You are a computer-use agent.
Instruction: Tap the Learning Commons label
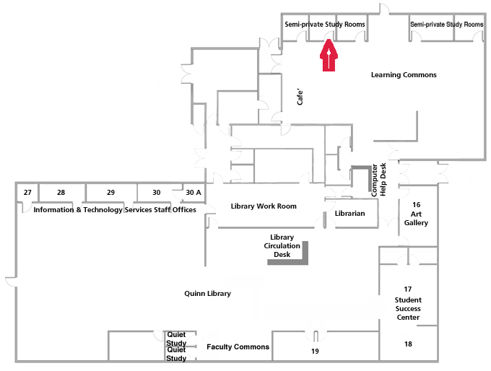coord(404,75)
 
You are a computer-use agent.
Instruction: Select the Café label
coord(302,97)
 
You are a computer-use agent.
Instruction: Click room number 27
coord(27,193)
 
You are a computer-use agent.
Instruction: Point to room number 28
coord(61,193)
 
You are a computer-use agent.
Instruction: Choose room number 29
coord(110,193)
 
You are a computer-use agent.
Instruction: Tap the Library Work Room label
coord(264,206)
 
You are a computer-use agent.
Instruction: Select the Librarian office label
coord(350,214)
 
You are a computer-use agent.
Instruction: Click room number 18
coord(409,344)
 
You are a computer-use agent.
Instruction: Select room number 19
coord(316,352)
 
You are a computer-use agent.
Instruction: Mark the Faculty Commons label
coord(238,347)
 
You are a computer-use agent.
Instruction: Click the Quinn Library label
coord(207,294)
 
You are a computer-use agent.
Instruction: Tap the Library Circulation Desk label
coord(282,246)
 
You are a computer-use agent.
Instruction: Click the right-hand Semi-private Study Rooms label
coord(446,25)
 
